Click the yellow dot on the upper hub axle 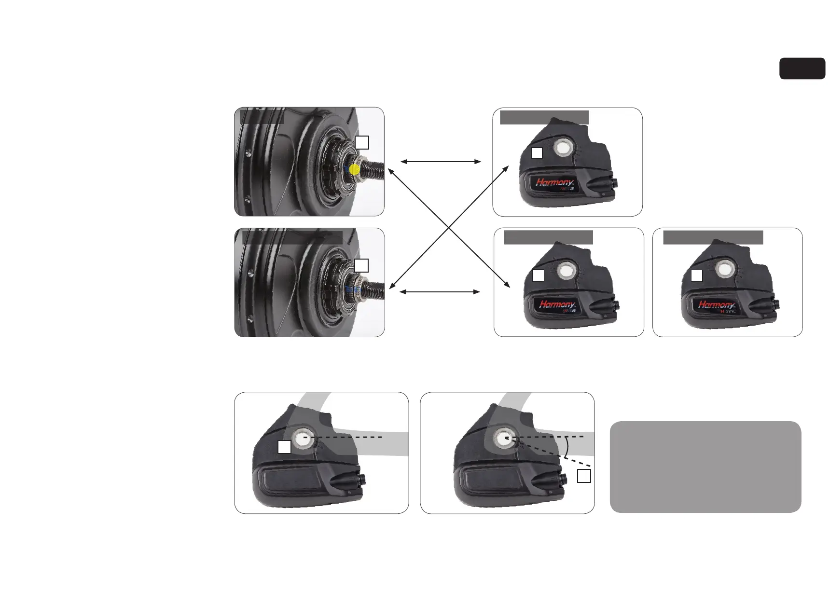355,169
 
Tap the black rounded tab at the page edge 802,69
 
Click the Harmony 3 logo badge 554,183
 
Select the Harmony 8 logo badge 557,305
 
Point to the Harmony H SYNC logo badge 717,305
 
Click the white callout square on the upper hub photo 362,142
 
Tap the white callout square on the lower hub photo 361,265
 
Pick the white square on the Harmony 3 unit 537,153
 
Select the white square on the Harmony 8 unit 539,276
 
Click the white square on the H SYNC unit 696,275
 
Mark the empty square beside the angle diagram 584,476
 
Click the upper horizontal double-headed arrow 441,162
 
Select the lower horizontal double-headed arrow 440,292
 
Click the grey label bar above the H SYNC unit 713,237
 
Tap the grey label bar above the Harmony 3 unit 544,117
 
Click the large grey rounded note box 705,467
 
